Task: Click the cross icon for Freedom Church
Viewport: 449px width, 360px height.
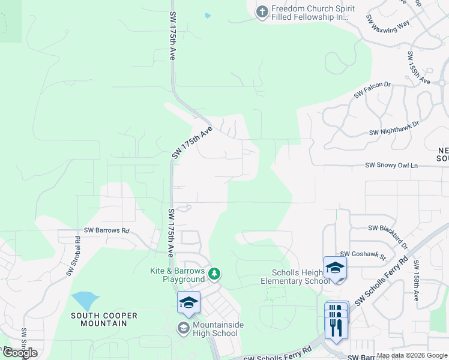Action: (x=262, y=12)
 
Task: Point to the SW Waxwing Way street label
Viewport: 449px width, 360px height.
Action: (x=387, y=27)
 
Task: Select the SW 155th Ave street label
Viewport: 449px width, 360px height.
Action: (x=418, y=67)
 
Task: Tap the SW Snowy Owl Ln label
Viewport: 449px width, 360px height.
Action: (x=391, y=165)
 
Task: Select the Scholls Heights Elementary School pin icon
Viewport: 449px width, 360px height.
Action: (x=335, y=268)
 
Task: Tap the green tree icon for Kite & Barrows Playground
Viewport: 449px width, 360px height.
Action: (x=214, y=274)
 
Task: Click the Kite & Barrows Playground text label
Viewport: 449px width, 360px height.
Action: (x=177, y=275)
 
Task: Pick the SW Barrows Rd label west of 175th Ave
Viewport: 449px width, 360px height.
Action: (x=107, y=230)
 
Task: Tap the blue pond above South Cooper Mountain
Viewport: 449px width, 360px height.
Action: (x=85, y=300)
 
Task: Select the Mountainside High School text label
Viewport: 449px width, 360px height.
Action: (x=214, y=329)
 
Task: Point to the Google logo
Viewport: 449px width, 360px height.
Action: (x=20, y=353)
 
